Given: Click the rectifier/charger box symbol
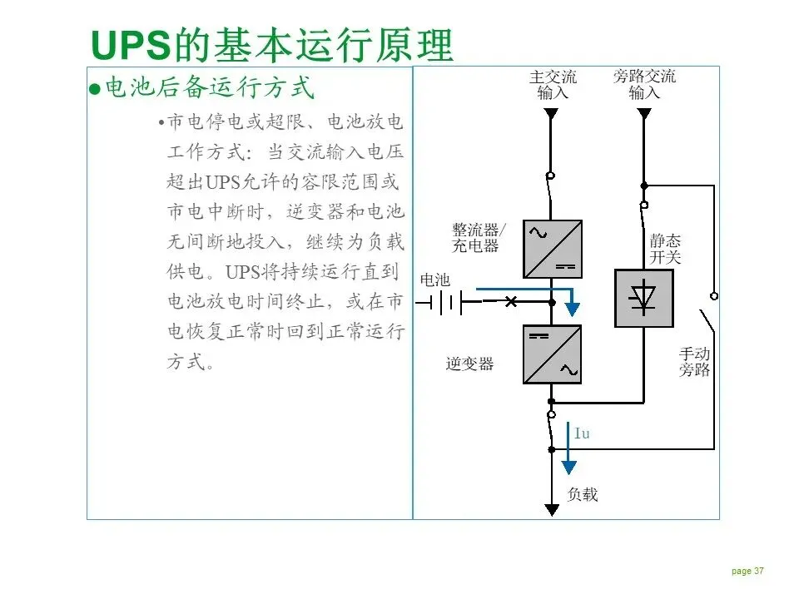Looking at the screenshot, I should (x=553, y=249).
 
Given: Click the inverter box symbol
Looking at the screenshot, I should (x=553, y=354).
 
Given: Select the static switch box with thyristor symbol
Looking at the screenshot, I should (x=643, y=297).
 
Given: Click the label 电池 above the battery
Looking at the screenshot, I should (x=434, y=280).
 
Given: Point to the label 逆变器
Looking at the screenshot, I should (x=469, y=364).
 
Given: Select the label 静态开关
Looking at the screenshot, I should (x=665, y=249).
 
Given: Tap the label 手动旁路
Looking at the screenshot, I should (x=695, y=361).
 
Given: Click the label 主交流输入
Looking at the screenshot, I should (x=553, y=84).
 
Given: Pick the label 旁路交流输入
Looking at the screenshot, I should (x=644, y=84).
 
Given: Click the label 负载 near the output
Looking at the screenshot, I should (x=583, y=494).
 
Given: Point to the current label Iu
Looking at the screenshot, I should (x=582, y=433).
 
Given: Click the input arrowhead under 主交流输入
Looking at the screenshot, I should (x=551, y=113).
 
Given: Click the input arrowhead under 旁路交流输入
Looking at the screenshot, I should (x=644, y=113).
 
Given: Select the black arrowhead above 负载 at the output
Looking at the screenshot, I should (x=551, y=509).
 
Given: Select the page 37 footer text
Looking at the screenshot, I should (x=747, y=571).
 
